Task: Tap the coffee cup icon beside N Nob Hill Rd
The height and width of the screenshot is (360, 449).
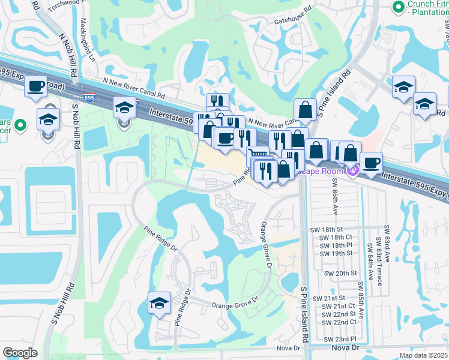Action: pyautogui.click(x=37, y=87)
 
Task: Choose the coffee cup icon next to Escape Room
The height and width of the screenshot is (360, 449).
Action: pyautogui.click(x=371, y=163)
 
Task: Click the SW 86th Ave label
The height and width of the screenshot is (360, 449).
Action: pyautogui.click(x=333, y=196)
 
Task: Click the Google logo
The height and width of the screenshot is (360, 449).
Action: pyautogui.click(x=20, y=352)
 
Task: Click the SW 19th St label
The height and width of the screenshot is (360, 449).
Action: pyautogui.click(x=336, y=253)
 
